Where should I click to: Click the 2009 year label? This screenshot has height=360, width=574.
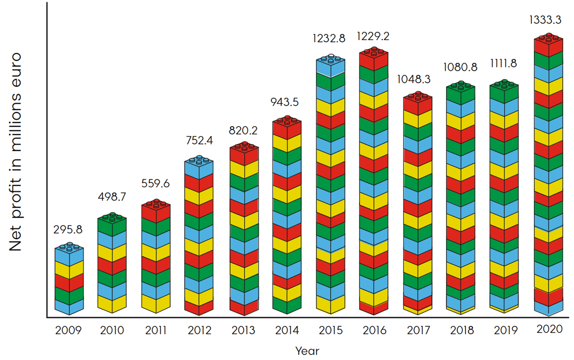(x=69, y=331)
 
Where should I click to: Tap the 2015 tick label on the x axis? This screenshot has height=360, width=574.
(x=331, y=331)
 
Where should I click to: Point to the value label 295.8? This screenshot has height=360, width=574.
(x=68, y=230)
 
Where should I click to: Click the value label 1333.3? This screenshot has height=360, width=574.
(x=548, y=20)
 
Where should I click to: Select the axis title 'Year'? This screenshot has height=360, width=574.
(x=307, y=351)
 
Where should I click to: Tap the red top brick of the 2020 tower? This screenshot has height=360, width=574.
(x=549, y=45)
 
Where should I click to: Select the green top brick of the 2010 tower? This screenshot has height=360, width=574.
(x=112, y=224)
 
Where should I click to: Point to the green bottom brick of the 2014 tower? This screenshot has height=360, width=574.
(x=287, y=305)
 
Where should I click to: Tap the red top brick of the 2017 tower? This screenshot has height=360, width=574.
(x=418, y=103)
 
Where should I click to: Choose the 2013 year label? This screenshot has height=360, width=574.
(x=243, y=331)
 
